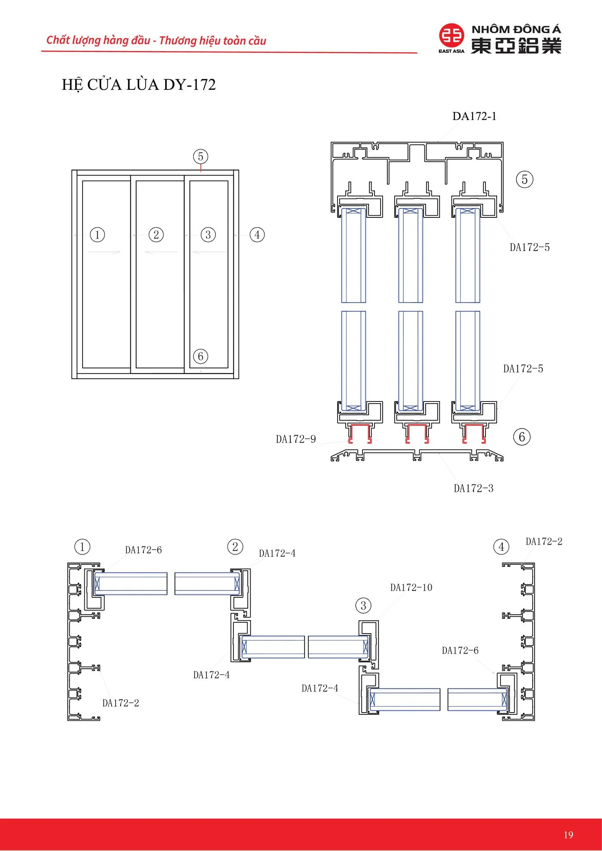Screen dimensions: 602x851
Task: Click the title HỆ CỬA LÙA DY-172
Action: (x=138, y=85)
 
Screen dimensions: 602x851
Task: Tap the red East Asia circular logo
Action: (x=451, y=36)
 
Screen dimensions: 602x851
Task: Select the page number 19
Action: (x=568, y=834)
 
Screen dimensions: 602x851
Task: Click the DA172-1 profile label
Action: (x=474, y=116)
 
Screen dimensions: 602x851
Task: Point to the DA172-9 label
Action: (x=296, y=439)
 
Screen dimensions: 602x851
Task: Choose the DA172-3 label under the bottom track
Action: (x=473, y=488)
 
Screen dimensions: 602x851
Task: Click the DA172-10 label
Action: (x=411, y=588)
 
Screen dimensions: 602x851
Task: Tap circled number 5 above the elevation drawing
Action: (x=200, y=156)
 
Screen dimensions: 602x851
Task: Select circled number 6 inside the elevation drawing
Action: (x=200, y=356)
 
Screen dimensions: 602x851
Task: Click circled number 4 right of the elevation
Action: (x=257, y=235)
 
